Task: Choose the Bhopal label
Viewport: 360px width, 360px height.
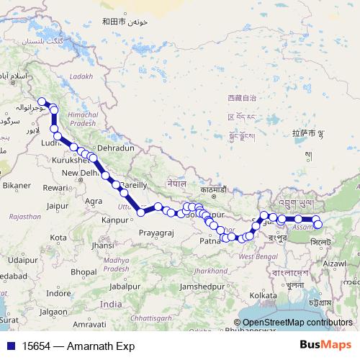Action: [x=84, y=271]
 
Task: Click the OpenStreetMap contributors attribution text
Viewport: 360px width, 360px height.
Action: [x=297, y=323]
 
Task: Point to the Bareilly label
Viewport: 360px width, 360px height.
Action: [x=135, y=185]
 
